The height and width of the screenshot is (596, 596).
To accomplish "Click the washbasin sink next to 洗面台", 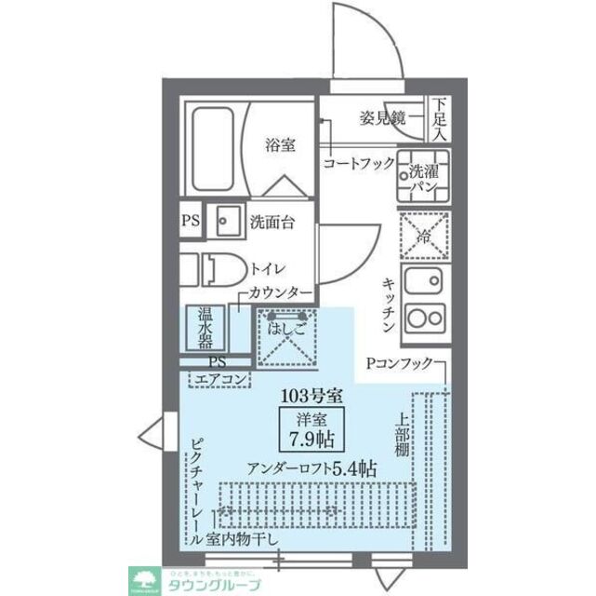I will [226, 222].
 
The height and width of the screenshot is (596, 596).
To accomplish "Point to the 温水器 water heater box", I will [204, 328].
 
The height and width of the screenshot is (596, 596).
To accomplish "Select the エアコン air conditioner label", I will [219, 379].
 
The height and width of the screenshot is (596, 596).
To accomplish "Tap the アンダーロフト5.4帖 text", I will [312, 468].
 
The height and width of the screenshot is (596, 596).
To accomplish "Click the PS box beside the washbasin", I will [190, 222].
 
